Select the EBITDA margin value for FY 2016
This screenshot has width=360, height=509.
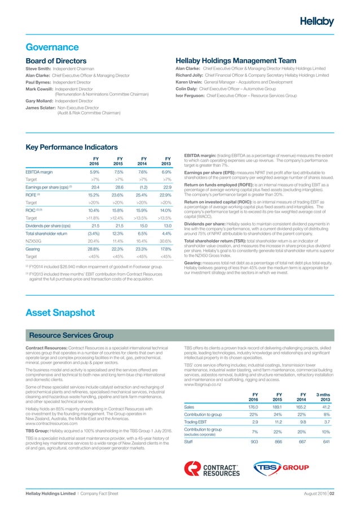point(94,172)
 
